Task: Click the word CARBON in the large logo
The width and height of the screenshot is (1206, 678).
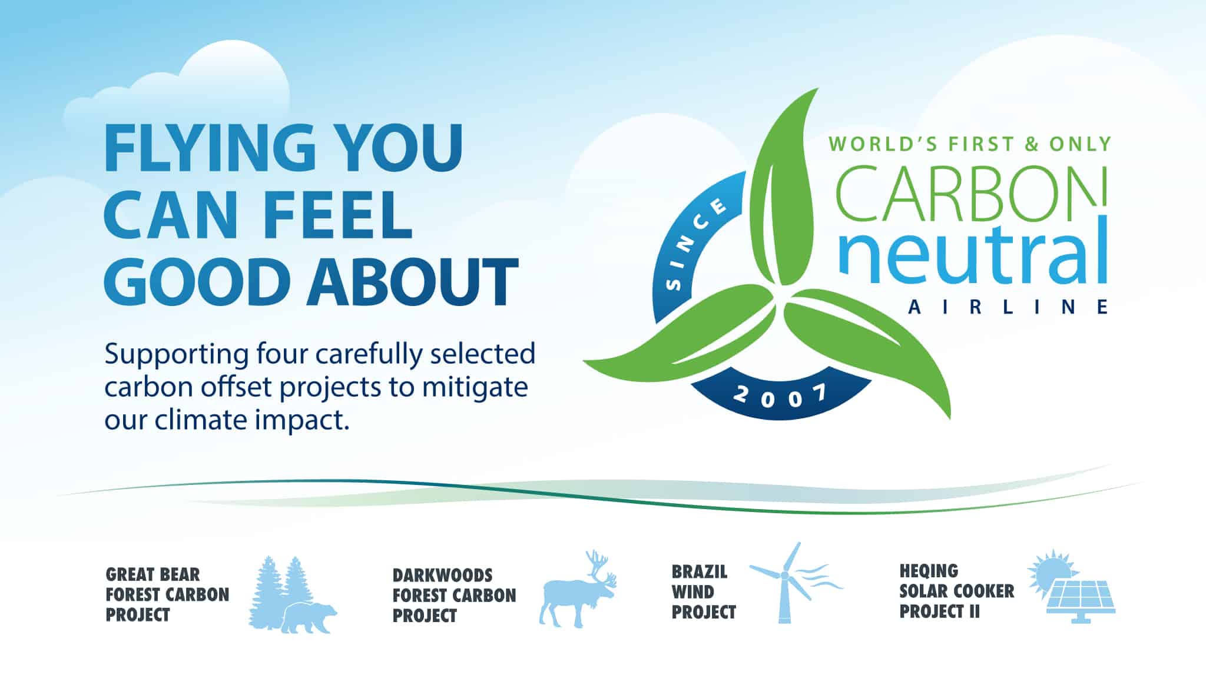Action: (970, 192)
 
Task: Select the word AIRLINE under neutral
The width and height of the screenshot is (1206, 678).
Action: (1008, 307)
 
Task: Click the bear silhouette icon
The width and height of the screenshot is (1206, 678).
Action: (308, 617)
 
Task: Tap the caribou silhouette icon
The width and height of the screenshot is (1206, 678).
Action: (578, 590)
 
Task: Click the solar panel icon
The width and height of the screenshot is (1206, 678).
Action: (1081, 600)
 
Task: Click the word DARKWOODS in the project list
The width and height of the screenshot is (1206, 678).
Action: (442, 575)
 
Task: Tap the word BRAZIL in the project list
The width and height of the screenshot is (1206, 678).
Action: (700, 571)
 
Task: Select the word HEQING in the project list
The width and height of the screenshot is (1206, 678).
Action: (929, 571)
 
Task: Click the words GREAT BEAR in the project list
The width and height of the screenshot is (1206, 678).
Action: (153, 574)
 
